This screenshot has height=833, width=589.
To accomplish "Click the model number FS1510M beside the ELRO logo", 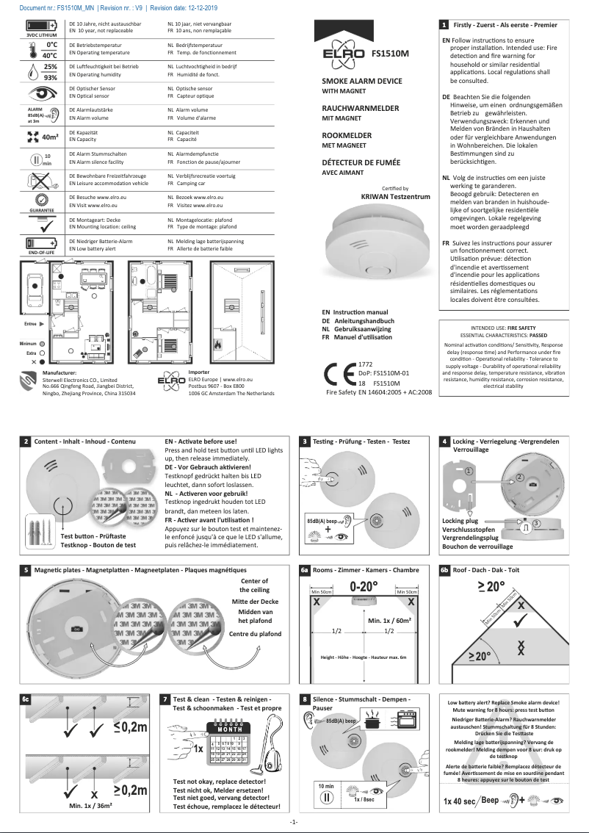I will [x=390, y=54].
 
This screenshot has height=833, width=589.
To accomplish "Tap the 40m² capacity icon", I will [x=41, y=136].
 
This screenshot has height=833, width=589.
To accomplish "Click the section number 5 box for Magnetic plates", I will [x=26, y=569].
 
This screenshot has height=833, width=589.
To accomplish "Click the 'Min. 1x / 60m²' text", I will [x=389, y=621].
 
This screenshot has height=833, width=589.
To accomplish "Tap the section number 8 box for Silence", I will [x=305, y=699].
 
